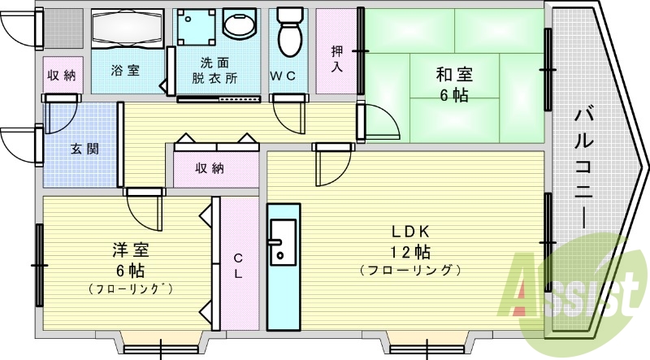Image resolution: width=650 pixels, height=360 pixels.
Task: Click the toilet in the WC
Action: click(290, 32)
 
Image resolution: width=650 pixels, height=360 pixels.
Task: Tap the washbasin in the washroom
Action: click(240, 24)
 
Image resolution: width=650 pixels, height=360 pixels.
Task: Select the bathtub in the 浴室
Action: click(127, 28)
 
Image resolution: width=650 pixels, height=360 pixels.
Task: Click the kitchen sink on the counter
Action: click(283, 242)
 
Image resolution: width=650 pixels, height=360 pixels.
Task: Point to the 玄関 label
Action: click(84, 149)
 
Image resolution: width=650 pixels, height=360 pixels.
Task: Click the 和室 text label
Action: click(454, 75)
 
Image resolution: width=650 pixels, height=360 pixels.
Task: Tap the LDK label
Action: click(412, 232)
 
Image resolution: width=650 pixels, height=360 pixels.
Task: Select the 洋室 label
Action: click(131, 250)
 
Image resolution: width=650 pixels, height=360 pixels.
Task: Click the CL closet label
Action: click(238, 266)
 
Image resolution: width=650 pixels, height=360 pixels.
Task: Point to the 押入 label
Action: click(337, 59)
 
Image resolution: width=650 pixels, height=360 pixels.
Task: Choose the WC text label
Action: click(283, 76)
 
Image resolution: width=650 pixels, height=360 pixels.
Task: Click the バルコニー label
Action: click(583, 167)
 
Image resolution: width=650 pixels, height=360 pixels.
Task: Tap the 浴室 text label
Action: click(125, 70)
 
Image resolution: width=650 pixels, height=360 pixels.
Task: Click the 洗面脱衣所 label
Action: click(214, 71)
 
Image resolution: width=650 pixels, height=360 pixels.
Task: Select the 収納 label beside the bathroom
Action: click(62, 76)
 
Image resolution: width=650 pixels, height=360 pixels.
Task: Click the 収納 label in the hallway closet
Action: click(210, 168)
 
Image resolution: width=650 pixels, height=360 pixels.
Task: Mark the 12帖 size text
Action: click(410, 252)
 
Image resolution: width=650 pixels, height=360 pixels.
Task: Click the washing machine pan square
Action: click(196, 27)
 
